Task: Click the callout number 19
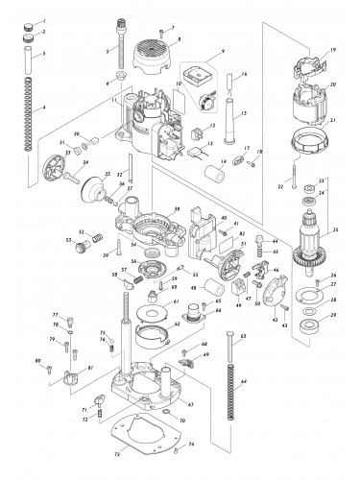[332, 49]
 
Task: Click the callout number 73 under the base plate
[117, 451]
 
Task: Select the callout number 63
[243, 336]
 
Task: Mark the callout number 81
[90, 369]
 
